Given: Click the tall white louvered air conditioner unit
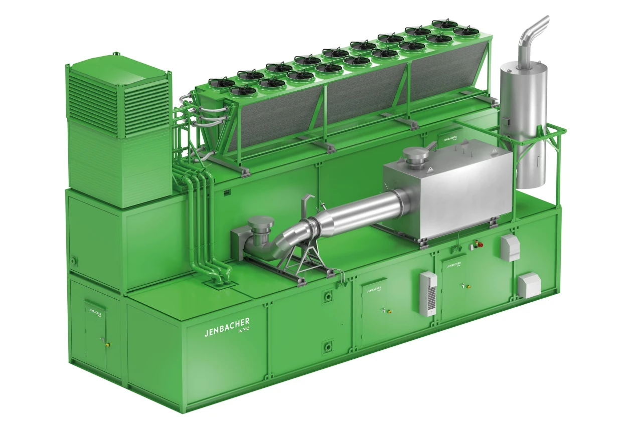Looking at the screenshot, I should [x=428, y=293].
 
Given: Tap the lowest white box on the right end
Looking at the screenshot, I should [x=528, y=284].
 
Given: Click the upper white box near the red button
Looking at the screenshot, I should [x=510, y=248].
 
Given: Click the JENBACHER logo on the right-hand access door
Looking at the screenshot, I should [x=454, y=265].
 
